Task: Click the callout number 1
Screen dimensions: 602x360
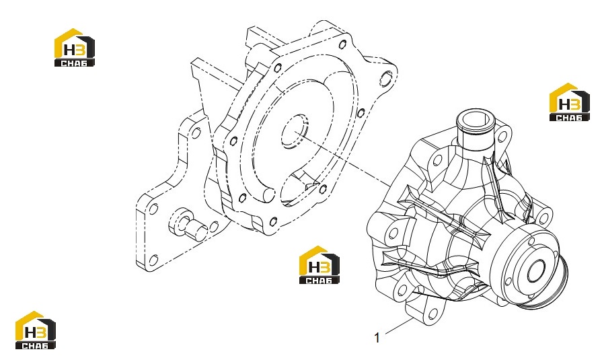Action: tap(377, 338)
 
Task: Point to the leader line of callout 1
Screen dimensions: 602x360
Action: tap(398, 326)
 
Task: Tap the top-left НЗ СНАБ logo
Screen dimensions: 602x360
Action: tap(75, 47)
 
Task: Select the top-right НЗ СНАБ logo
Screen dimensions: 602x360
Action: tap(569, 102)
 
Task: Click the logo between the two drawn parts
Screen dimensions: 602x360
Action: tap(319, 264)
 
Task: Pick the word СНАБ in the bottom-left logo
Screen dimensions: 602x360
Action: tap(36, 345)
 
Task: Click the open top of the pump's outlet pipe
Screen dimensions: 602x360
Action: tap(475, 120)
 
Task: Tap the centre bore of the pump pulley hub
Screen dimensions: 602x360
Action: tap(536, 271)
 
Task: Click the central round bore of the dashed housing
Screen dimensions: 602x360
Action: tap(294, 131)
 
